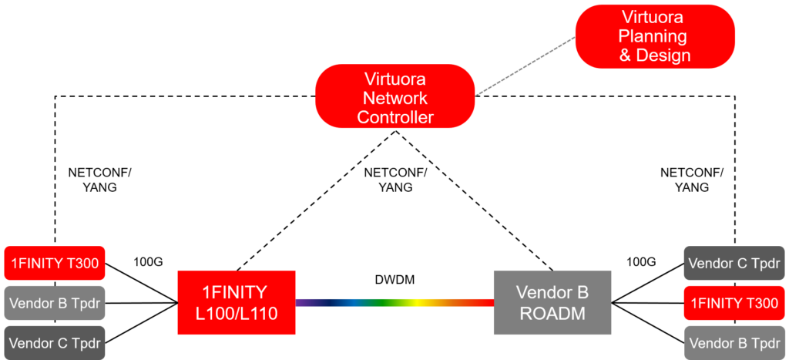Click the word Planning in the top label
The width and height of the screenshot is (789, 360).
(653, 36)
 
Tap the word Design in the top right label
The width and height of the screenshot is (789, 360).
(666, 56)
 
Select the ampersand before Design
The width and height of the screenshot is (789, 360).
(626, 56)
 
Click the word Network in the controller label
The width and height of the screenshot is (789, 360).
(395, 99)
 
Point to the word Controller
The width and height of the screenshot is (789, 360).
(395, 118)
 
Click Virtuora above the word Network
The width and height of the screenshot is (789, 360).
(395, 79)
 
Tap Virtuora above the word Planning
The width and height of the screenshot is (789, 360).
(653, 17)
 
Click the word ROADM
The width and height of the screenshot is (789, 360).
(552, 314)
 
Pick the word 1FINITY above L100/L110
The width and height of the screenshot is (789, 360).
(234, 293)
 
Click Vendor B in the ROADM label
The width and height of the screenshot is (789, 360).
(552, 293)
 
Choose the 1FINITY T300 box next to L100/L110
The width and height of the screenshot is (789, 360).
(55, 264)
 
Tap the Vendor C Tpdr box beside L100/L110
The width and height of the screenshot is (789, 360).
(55, 340)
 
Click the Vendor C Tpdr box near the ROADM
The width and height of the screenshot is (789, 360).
(734, 264)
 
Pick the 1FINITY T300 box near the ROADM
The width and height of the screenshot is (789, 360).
(734, 303)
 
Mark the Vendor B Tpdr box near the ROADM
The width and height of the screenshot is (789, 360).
(734, 343)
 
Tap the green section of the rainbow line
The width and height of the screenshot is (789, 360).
(378, 304)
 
